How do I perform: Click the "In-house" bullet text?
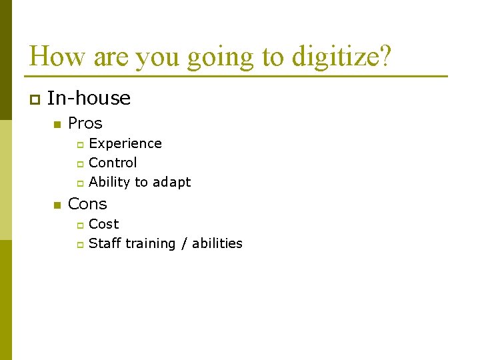(89, 99)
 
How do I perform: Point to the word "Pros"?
(85, 123)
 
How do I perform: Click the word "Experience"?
(125, 143)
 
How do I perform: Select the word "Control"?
(113, 163)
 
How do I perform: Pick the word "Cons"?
(87, 204)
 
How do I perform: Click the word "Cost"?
(103, 224)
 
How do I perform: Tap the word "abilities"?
(217, 243)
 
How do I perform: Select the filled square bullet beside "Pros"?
(57, 125)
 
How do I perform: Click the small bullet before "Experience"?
(79, 145)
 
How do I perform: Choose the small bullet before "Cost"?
(79, 225)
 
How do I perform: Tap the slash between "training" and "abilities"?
(185, 243)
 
